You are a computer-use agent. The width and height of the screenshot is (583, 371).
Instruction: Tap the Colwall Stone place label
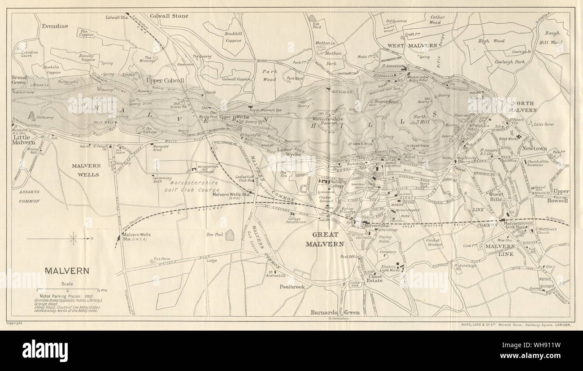(169, 16)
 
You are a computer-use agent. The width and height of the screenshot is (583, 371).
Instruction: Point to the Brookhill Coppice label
(233, 37)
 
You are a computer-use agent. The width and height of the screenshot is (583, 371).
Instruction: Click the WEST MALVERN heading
(412, 46)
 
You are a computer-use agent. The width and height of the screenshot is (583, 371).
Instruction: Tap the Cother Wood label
(437, 20)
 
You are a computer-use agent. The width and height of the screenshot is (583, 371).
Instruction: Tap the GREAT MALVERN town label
(325, 240)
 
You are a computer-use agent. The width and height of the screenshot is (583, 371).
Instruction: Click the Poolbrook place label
(292, 286)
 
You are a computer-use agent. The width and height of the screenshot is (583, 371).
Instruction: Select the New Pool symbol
(229, 235)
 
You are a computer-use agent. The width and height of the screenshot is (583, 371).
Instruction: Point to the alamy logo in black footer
(45, 350)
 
